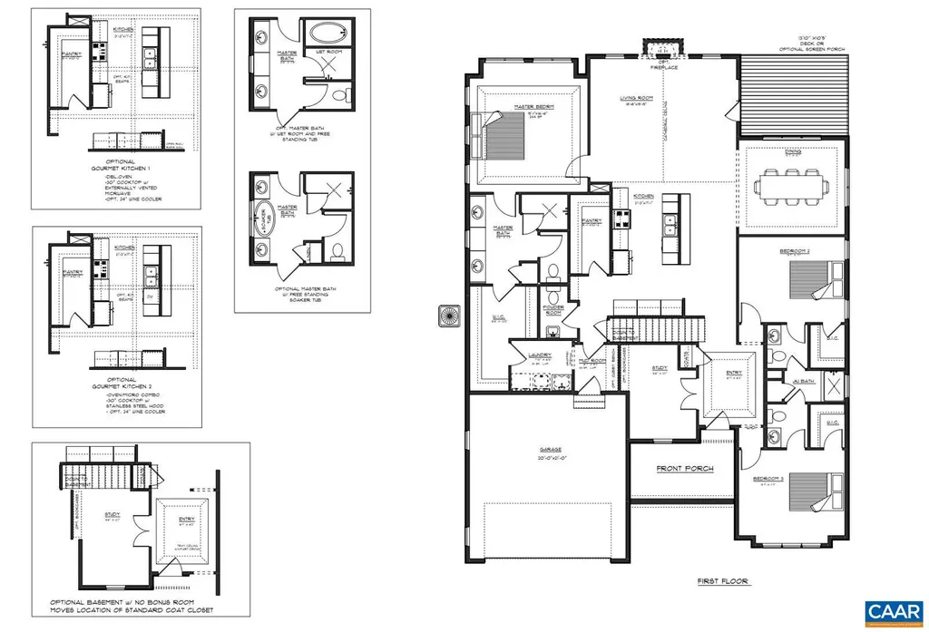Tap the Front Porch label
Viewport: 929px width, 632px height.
[x=685, y=469]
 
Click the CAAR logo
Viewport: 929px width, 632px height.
[x=894, y=613]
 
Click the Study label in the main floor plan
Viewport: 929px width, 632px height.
[x=660, y=368]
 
